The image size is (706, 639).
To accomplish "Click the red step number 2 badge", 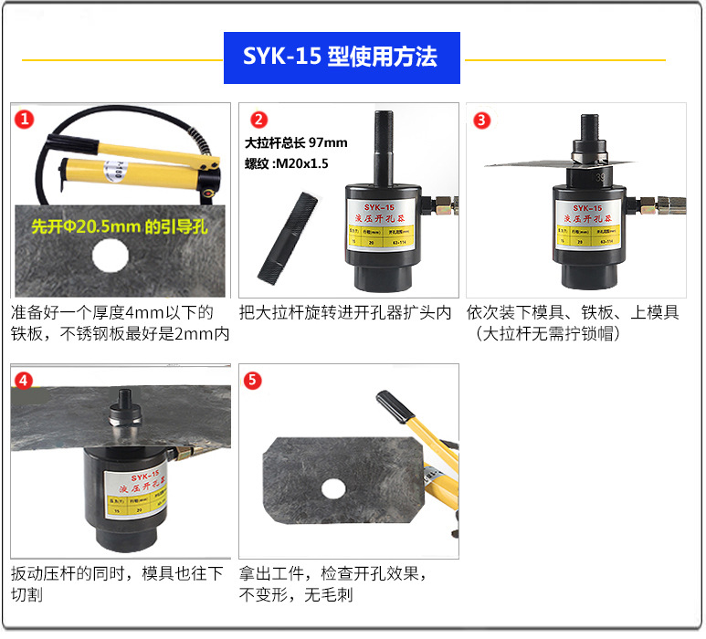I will (259, 120).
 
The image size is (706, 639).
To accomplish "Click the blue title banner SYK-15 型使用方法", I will (341, 58).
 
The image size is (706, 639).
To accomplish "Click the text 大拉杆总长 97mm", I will (297, 142).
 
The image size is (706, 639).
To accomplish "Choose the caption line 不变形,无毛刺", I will (296, 595).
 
